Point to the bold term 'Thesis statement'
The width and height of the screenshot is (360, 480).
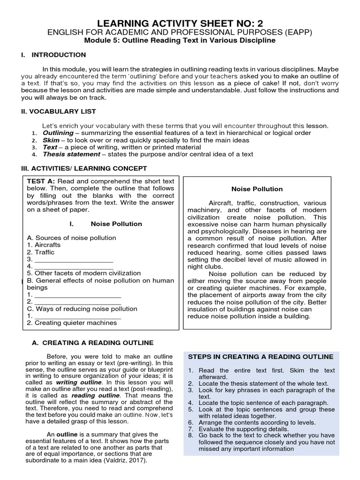coord(71,154)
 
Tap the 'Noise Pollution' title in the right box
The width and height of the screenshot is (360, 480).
coord(257,189)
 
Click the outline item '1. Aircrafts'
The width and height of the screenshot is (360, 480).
coord(44,245)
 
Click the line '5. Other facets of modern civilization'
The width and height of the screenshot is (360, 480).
coord(83,273)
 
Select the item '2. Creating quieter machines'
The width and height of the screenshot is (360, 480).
coord(72,323)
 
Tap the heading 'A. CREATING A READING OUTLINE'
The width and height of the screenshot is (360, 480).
coord(92,343)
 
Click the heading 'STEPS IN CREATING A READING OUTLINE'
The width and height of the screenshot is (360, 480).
coord(261,357)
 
